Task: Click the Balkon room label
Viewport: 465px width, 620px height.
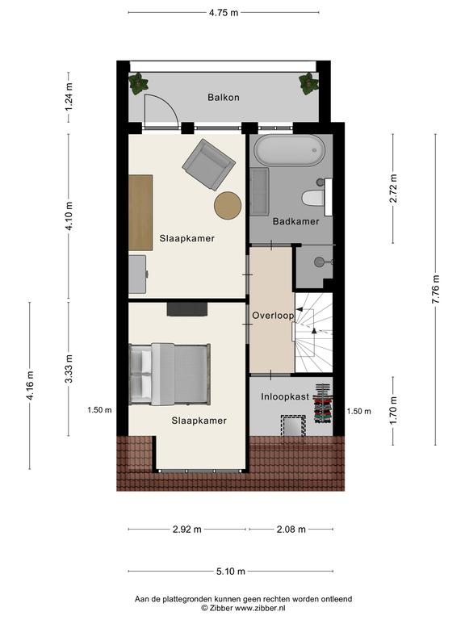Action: click(x=224, y=97)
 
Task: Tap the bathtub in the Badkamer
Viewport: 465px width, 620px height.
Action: click(x=289, y=151)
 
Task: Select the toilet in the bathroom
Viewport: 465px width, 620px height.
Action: click(x=313, y=198)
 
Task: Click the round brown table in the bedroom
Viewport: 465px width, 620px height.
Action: click(x=228, y=205)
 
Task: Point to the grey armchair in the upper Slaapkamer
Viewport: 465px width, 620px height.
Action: click(x=209, y=164)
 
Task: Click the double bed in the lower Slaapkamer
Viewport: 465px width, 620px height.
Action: click(x=170, y=374)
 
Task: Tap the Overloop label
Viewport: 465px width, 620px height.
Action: click(x=273, y=316)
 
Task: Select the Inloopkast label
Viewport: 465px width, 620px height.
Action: click(x=285, y=396)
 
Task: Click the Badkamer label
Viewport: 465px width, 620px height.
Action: click(x=295, y=221)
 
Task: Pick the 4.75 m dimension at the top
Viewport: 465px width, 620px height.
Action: click(x=224, y=13)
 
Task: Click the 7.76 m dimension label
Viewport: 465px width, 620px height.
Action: click(x=436, y=290)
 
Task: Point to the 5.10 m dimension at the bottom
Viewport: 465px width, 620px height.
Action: click(x=231, y=572)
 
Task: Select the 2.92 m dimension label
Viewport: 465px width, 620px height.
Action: click(x=187, y=529)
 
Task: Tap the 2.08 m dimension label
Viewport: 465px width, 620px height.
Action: click(x=291, y=529)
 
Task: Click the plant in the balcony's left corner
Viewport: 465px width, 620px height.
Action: click(x=138, y=83)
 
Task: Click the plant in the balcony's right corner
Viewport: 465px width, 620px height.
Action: click(x=308, y=83)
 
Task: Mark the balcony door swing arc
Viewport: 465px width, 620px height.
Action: click(x=168, y=104)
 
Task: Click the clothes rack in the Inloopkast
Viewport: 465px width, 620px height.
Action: click(x=323, y=404)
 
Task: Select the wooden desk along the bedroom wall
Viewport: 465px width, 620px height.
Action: click(x=140, y=213)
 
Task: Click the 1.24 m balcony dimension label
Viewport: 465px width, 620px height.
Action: click(x=69, y=97)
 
